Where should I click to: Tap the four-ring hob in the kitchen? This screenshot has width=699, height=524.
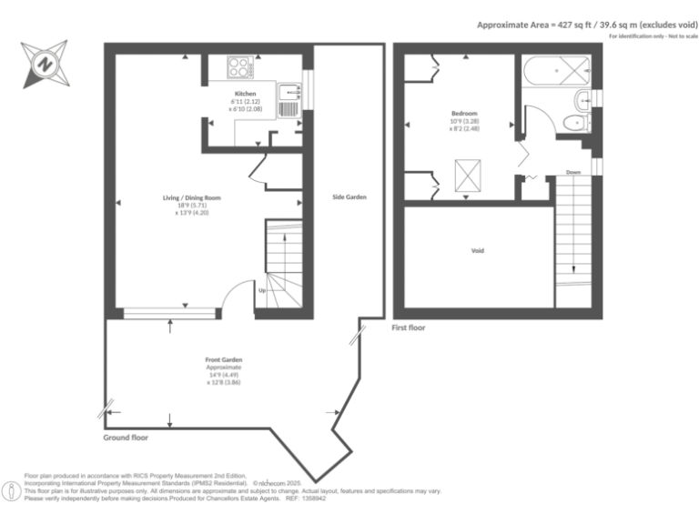(x=240, y=67)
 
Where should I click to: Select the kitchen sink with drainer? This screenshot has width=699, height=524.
(x=289, y=97)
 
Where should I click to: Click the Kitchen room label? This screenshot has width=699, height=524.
(x=245, y=94)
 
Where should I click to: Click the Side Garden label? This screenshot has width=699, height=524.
(x=349, y=196)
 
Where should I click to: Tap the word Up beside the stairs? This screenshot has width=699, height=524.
(x=262, y=291)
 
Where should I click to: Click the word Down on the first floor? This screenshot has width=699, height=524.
(x=572, y=172)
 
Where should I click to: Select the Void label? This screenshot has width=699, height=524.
(x=477, y=250)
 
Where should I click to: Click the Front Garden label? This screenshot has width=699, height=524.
(x=223, y=360)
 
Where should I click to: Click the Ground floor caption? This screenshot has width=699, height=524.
(x=126, y=438)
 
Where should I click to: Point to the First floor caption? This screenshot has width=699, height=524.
(x=408, y=327)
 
